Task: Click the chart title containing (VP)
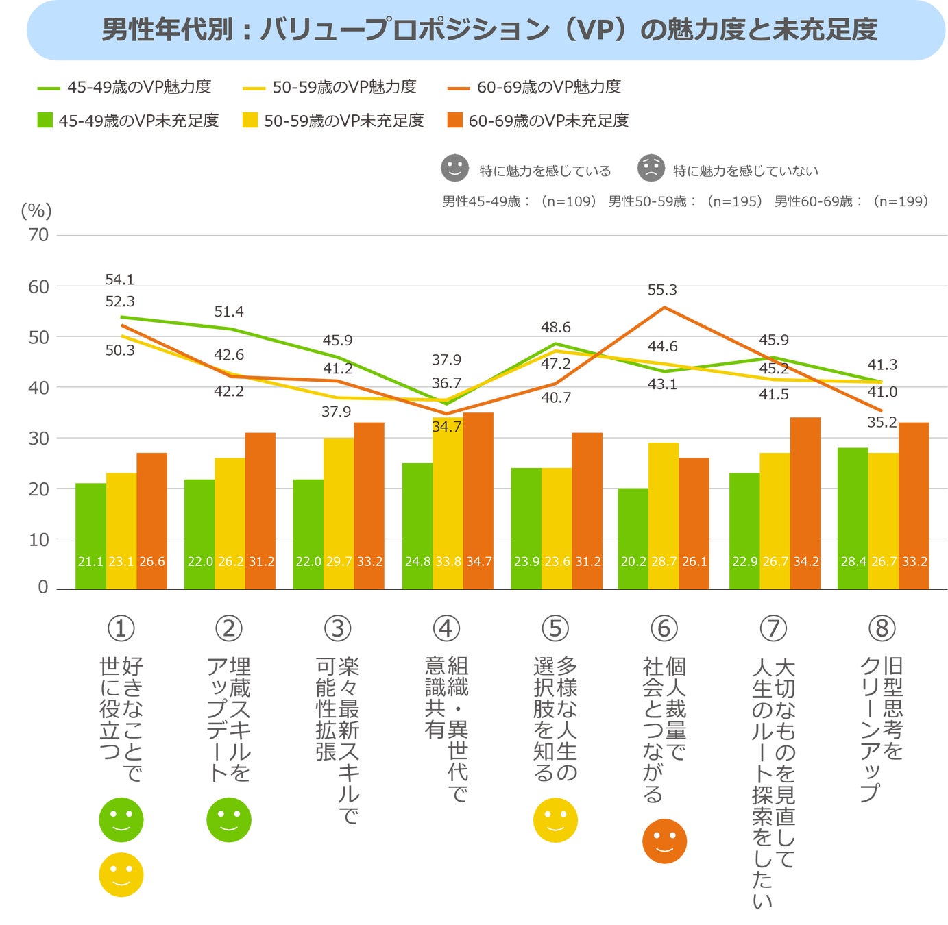(489, 30)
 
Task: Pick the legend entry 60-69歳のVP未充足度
(537, 121)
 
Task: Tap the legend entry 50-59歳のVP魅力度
(330, 87)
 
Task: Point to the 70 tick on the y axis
(38, 235)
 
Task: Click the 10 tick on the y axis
(38, 539)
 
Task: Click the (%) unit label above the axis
(36, 210)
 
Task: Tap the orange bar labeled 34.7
(478, 500)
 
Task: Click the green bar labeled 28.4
(853, 518)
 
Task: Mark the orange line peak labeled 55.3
(664, 308)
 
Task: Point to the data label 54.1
(120, 280)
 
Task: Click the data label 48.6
(555, 328)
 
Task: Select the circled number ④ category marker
(446, 628)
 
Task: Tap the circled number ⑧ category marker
(882, 628)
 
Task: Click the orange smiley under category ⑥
(664, 841)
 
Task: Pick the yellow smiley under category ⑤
(555, 819)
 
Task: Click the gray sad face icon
(651, 168)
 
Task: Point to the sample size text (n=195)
(735, 201)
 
